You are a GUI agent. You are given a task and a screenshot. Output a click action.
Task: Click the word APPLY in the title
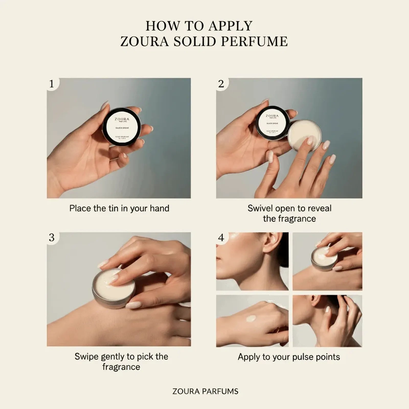[230, 26]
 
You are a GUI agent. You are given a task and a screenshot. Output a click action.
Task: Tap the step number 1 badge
[52, 84]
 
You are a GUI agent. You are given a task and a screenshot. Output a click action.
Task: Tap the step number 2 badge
[221, 84]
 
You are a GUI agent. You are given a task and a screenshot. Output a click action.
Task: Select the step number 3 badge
[52, 238]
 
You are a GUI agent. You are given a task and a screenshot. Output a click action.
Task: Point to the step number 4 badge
[221, 238]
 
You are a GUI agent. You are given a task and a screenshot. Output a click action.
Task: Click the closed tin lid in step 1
[122, 127]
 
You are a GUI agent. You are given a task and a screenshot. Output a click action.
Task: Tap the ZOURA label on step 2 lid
[272, 116]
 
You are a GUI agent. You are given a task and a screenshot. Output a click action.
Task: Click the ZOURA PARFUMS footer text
[205, 391]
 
